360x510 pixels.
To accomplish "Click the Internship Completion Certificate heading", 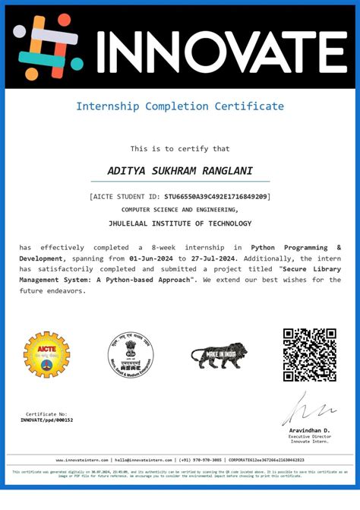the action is point(180,106).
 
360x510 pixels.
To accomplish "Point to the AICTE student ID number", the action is point(216,197).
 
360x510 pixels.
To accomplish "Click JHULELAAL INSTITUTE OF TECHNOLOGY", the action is point(180,223).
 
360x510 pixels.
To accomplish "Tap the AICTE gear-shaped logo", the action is point(47,355).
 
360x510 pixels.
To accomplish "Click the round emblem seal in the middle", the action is point(129,355).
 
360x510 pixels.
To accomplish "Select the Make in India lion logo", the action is point(219,355).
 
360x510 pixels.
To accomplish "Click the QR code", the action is point(309,355).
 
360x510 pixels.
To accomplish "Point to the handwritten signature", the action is point(303,410).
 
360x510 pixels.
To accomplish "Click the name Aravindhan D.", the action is point(310,430).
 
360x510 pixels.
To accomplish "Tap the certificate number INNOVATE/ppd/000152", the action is point(47,420).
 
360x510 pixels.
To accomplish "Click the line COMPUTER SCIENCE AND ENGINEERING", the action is point(180,210).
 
